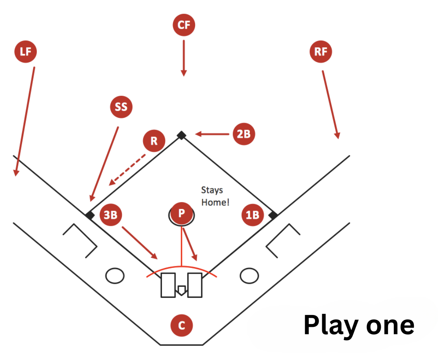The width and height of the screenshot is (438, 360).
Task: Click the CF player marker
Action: coord(184,25)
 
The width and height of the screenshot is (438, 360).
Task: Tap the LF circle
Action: coord(25,52)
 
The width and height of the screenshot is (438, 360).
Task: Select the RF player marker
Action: coord(321,52)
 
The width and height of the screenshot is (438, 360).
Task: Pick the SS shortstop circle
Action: coord(121,107)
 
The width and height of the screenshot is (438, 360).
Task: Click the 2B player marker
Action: coord(244,134)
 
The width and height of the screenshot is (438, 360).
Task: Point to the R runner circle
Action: coord(154,141)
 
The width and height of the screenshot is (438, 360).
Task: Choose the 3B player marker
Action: coord(111,215)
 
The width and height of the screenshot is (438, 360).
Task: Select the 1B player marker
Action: coord(252,215)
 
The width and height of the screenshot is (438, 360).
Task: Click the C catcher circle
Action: coord(182,326)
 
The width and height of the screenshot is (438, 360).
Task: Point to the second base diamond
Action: coord(181,135)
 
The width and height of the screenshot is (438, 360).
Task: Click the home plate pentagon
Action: coord(181,290)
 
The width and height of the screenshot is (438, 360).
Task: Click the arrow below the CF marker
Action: coord(184,57)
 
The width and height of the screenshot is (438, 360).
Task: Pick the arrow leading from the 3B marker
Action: coord(139,242)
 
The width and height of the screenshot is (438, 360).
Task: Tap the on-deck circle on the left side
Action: coord(115,275)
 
